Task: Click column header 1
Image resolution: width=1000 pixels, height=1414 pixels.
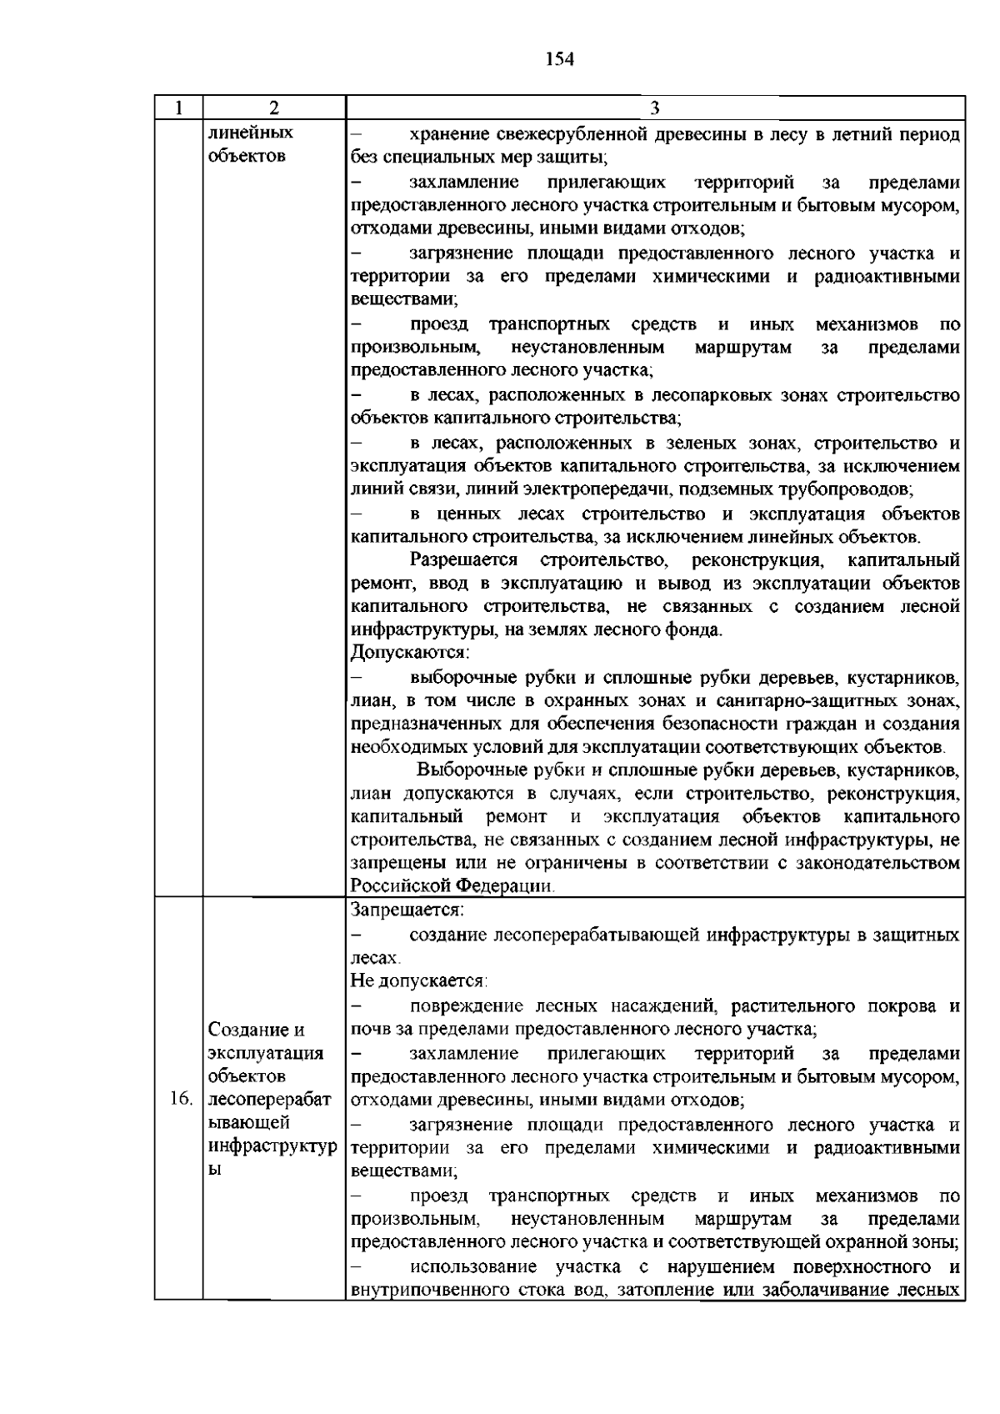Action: [x=179, y=108]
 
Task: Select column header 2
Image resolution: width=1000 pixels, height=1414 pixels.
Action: [x=274, y=108]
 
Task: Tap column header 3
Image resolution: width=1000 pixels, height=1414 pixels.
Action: [x=655, y=108]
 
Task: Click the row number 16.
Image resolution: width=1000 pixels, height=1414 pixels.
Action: [x=180, y=1100]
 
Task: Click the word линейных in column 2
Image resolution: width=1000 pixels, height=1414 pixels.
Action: [x=250, y=133]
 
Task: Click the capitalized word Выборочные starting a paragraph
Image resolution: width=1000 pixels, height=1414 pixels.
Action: [x=472, y=769]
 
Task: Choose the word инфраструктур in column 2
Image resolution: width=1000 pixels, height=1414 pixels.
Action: [x=272, y=1147]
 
